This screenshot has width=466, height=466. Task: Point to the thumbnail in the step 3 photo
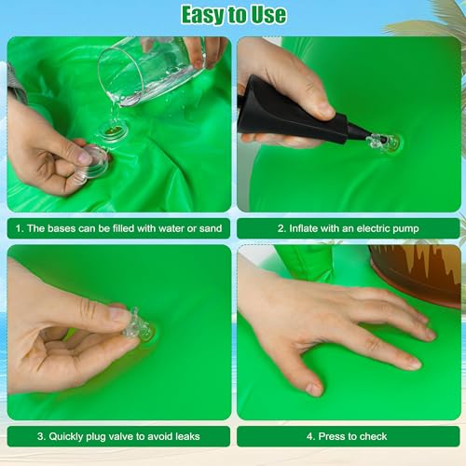pos(119,314)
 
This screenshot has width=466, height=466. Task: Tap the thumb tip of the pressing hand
pos(314,389)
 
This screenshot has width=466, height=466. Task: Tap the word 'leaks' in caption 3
pos(187,436)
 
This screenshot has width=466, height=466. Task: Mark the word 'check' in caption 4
pos(374,436)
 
